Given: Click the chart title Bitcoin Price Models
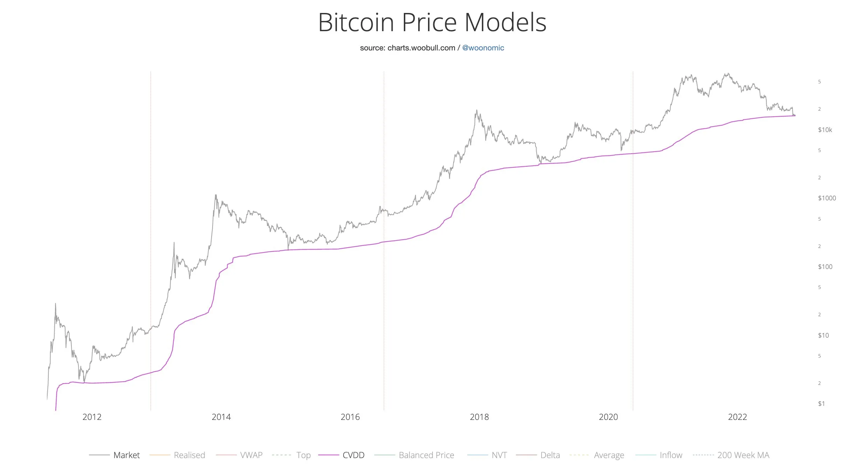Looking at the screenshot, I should pos(432,22).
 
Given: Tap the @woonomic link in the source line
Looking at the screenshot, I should pos(483,48).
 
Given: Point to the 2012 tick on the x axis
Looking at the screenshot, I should pos(92,417).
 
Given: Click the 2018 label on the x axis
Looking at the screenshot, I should pos(479,417).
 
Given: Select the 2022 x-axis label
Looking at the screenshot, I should pos(737,417).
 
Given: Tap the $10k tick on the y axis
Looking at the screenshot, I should pos(825,130).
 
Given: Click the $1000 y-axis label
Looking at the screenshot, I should pos(827,198).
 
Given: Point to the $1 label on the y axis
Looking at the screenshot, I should pos(821,404).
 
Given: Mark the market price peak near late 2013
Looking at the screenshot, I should pos(216,195).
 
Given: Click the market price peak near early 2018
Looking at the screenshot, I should pos(477,110).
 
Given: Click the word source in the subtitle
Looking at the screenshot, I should pos(372,48).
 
